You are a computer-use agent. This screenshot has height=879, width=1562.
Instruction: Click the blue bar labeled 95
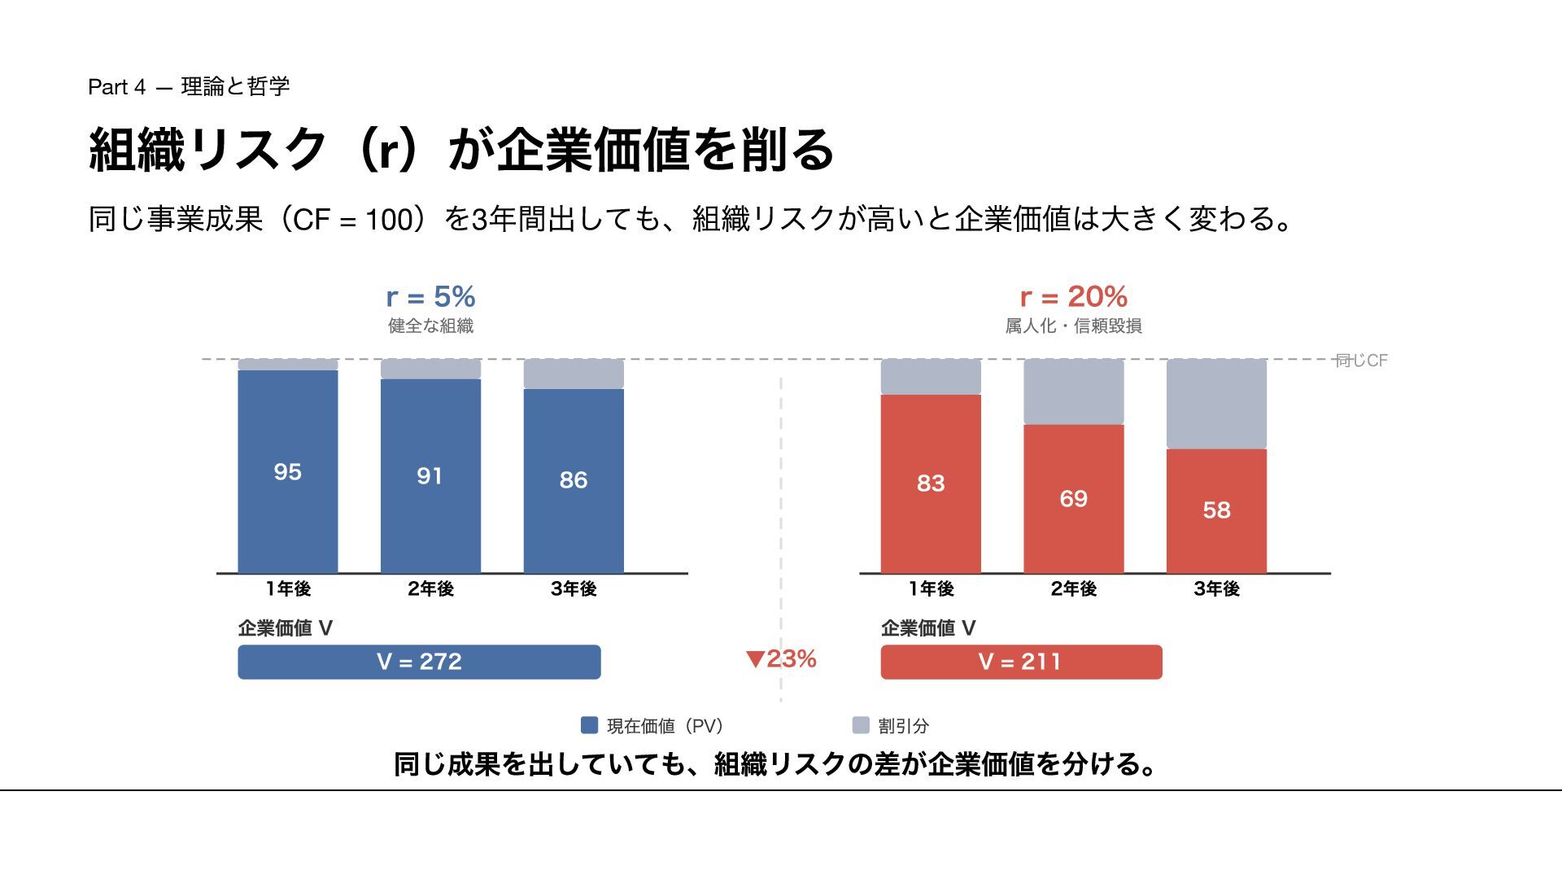tap(287, 471)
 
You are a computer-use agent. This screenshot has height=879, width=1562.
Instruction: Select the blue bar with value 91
tap(430, 475)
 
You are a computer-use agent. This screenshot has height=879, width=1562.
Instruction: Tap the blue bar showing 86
tap(574, 480)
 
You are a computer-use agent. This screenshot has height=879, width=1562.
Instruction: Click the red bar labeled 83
tap(931, 483)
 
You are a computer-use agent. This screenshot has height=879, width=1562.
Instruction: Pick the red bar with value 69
tap(1073, 498)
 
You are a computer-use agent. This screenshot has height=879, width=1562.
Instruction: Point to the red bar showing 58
tap(1216, 510)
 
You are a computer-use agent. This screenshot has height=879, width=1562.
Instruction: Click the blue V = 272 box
tap(419, 662)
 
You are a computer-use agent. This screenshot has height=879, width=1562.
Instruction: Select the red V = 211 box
tap(1021, 662)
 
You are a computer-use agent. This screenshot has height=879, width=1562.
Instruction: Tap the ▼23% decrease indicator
tap(781, 658)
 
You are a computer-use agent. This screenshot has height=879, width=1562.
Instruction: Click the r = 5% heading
tap(430, 296)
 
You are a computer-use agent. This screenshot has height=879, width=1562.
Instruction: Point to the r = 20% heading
tap(1073, 296)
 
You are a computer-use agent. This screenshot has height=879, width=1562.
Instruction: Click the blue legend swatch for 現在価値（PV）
tap(589, 725)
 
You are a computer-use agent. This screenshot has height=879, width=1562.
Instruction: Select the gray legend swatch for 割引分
tap(861, 725)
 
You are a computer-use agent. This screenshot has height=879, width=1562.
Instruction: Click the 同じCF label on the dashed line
tap(1361, 361)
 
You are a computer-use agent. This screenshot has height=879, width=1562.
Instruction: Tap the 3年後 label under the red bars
tap(1216, 588)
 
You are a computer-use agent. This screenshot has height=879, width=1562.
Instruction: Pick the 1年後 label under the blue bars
tap(287, 588)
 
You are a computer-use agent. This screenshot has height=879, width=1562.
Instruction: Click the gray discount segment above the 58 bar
tap(1216, 404)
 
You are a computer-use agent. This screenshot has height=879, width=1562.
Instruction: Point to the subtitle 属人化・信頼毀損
tap(1073, 326)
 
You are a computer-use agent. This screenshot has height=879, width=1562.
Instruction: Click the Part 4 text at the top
tap(117, 87)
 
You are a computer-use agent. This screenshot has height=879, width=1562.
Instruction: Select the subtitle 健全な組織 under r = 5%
tap(430, 326)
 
